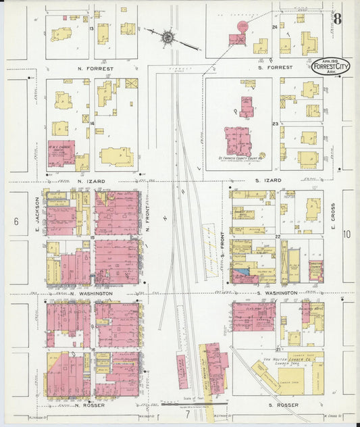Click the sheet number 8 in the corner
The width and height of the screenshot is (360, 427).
point(336,18)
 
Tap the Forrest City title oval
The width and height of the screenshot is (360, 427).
point(331,68)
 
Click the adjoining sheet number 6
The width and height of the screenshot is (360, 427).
point(15,221)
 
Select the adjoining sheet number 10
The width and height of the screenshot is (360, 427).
point(347,234)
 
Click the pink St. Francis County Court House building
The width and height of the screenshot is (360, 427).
point(238,141)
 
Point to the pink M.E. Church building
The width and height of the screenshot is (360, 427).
point(61,153)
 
